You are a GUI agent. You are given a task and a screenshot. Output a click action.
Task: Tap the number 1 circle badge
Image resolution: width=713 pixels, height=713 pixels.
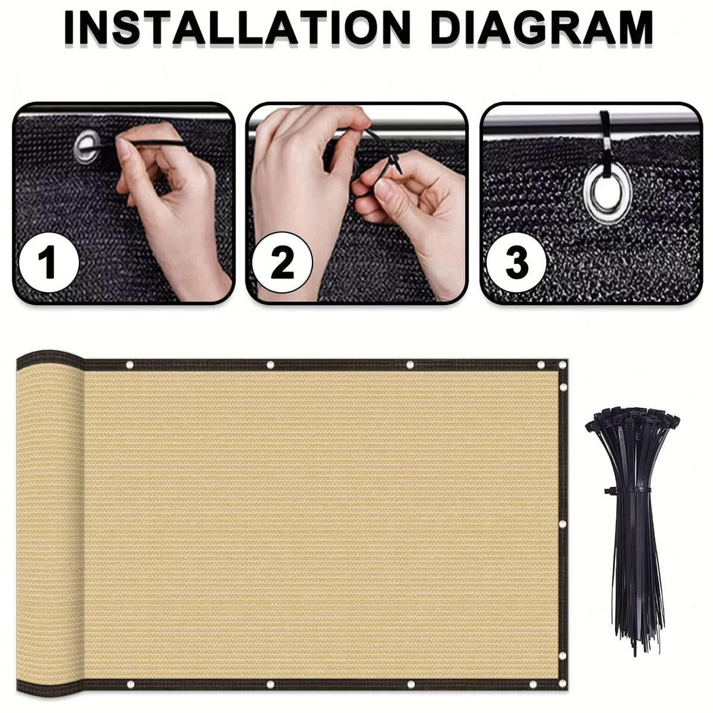tap(49, 263)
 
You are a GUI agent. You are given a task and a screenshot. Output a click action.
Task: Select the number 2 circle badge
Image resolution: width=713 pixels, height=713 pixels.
tap(283, 263)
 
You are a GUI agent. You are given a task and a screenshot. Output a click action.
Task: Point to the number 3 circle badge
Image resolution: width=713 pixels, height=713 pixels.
tap(516, 263)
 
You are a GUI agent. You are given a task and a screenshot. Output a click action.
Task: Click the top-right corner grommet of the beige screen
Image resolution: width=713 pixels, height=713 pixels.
tap(563, 365)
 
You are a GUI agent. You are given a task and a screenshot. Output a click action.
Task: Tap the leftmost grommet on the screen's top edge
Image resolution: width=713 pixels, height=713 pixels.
tap(130, 365)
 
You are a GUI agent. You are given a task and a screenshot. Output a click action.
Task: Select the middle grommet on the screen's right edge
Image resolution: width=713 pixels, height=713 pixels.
tap(563, 524)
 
